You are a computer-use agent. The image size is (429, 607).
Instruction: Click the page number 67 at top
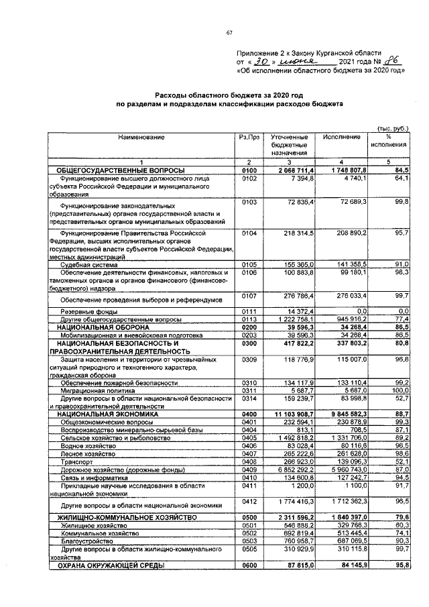click(229, 33)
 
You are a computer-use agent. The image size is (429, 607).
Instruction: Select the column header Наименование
click(141, 137)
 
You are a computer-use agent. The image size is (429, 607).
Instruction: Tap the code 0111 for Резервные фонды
click(249, 312)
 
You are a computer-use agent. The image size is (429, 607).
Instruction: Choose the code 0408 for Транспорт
click(249, 461)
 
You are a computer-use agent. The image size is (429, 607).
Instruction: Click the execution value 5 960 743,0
click(340, 470)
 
